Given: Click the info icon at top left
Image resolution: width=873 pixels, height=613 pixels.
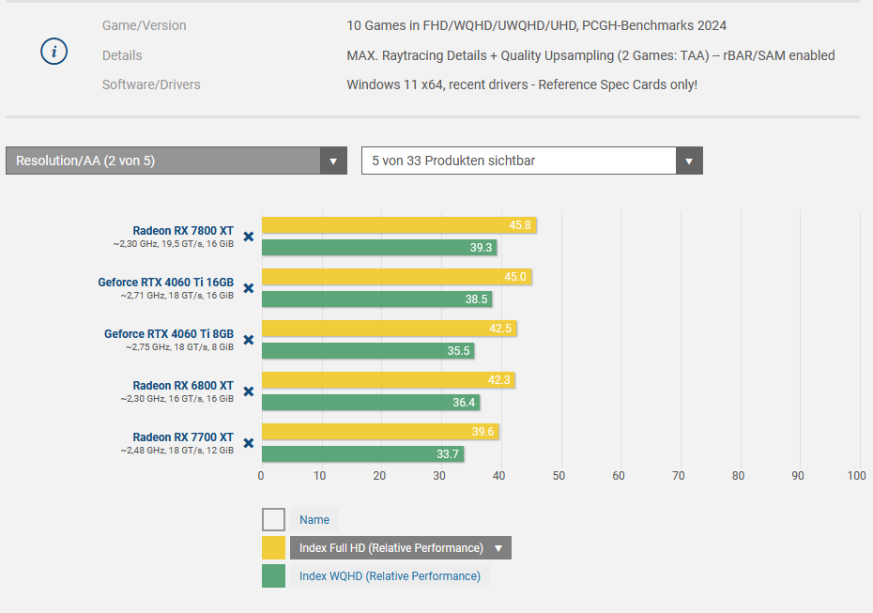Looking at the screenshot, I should coord(54,53).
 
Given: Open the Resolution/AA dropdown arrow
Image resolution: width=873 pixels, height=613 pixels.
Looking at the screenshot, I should coord(333,161).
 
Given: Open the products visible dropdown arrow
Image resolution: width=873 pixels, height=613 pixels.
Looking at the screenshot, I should coord(689,161).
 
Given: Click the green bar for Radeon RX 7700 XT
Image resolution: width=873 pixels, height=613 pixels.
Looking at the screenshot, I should coord(361,454).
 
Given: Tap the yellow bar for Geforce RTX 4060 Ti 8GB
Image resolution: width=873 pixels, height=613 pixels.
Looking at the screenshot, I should coord(388,329).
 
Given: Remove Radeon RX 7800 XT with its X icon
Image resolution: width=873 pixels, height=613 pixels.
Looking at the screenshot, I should coord(249,237).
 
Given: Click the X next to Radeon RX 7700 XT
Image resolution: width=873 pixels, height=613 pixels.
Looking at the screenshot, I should coord(249,443).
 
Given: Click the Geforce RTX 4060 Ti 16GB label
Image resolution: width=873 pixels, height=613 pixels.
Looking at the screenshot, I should coord(166,282).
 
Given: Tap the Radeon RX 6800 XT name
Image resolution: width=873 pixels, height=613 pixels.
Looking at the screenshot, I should coord(183,385).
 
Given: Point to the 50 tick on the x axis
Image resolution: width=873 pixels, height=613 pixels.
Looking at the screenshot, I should coord(559,476).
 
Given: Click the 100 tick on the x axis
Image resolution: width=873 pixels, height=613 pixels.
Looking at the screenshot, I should coord(856,476).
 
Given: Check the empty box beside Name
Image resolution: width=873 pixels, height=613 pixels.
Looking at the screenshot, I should coord(273,519).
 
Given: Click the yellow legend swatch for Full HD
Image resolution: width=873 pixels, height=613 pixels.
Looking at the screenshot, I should coord(273,547).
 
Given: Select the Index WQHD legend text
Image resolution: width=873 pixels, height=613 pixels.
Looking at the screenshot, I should coord(390,576).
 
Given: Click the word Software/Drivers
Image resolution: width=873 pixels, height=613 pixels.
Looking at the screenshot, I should coord(151,84).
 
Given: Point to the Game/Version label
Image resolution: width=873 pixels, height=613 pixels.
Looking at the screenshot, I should coord(144,25).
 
